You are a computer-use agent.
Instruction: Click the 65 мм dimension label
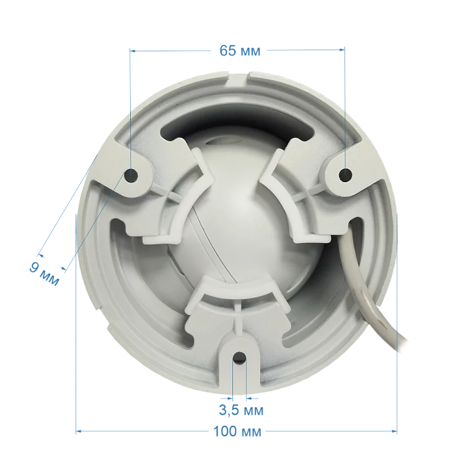(x=240, y=51)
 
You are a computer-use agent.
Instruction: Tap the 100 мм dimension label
(x=237, y=431)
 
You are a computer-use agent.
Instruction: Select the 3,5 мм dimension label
(x=241, y=410)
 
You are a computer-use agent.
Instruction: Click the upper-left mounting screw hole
(x=131, y=175)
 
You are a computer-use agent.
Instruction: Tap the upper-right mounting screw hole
(x=345, y=175)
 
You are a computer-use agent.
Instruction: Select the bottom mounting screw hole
(x=239, y=357)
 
